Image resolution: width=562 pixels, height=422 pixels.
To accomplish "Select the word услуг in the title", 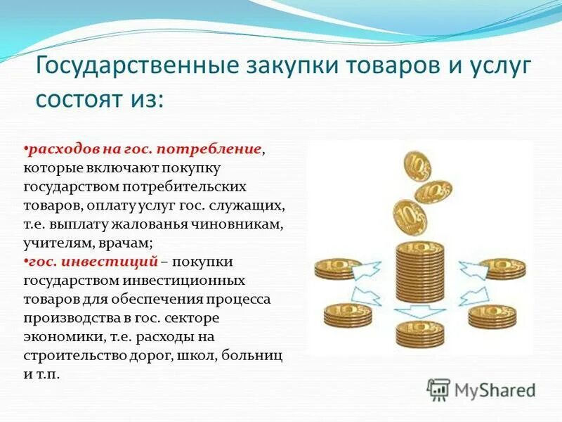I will click(491, 68).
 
